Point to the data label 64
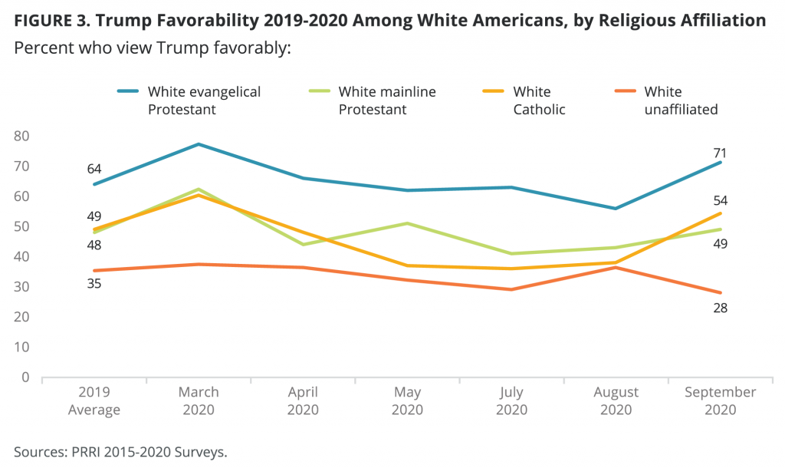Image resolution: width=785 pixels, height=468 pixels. coord(94,169)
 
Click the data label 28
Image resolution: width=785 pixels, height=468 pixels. coord(721,308)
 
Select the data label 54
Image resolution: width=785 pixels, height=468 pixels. coord(721,201)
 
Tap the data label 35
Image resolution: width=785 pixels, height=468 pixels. coord(94,284)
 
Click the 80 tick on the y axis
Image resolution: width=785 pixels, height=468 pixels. coord(22,137)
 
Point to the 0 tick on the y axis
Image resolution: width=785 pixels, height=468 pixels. coord(25,377)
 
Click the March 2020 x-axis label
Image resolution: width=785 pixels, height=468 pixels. coord(199,400)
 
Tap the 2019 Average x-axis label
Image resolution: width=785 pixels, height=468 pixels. coord(94,400)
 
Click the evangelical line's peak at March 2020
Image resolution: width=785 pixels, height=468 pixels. coord(199,144)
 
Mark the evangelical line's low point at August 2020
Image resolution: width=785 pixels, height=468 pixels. coord(616,209)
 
